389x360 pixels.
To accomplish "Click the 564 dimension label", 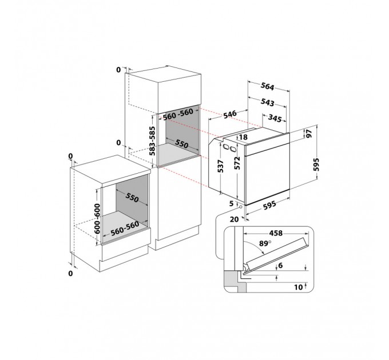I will point(267,87).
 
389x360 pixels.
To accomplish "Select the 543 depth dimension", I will point(266,103).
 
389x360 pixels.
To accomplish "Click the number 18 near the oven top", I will point(243,138).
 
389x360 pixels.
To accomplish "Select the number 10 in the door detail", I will point(297,287).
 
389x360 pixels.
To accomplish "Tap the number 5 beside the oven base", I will point(232,203).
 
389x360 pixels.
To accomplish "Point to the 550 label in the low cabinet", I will point(131,198).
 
